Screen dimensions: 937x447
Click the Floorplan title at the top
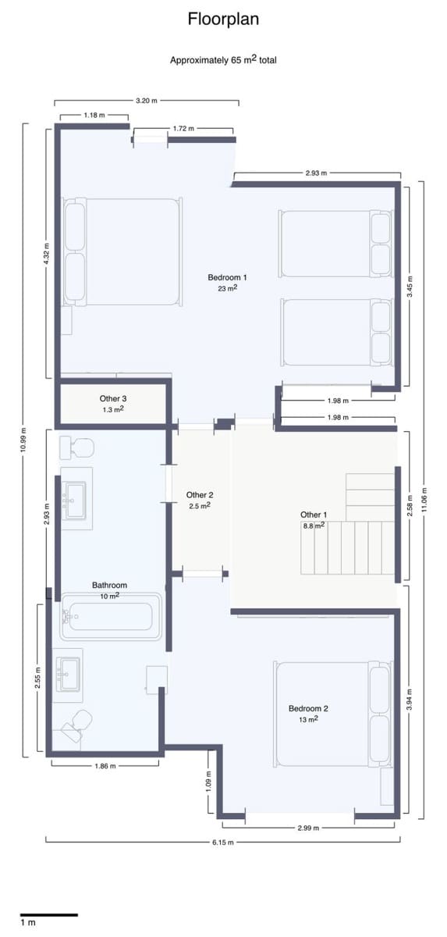pyautogui.click(x=223, y=20)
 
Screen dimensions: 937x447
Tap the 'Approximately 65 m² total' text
pyautogui.click(x=223, y=59)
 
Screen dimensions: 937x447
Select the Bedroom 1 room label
pyautogui.click(x=227, y=277)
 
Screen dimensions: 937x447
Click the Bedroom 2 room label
pyautogui.click(x=308, y=708)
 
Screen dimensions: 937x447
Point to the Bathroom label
pyautogui.click(x=109, y=585)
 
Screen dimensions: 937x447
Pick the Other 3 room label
pyautogui.click(x=113, y=399)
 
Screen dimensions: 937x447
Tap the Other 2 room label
pyautogui.click(x=200, y=495)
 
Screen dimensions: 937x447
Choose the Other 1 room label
pyautogui.click(x=314, y=515)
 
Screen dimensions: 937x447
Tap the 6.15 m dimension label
pyautogui.click(x=223, y=842)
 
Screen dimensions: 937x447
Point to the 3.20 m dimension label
pyautogui.click(x=146, y=101)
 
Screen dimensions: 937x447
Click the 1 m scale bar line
pyautogui.click(x=48, y=914)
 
